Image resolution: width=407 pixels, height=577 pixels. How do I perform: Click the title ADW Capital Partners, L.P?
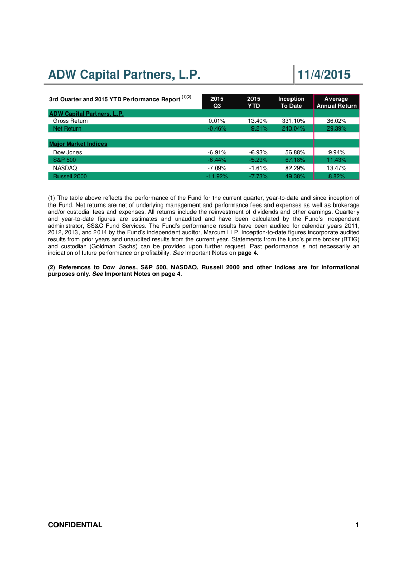click(x=124, y=75)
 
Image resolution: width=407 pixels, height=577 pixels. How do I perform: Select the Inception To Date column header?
click(x=291, y=102)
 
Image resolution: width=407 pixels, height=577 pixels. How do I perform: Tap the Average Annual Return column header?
click(x=337, y=102)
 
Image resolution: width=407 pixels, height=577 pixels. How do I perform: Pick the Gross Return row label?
click(x=70, y=121)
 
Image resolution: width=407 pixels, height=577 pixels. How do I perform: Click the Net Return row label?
click(x=67, y=128)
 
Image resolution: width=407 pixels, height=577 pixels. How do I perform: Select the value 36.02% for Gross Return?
click(x=337, y=121)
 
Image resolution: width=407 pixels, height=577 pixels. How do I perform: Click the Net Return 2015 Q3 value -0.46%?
click(x=217, y=128)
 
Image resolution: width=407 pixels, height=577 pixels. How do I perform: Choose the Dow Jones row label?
click(x=67, y=152)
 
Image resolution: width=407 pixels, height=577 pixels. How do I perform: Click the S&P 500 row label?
click(x=65, y=160)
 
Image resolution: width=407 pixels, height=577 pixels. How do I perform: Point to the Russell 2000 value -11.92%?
click(x=217, y=176)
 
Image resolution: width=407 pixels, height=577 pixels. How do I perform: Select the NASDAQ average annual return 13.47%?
click(x=337, y=168)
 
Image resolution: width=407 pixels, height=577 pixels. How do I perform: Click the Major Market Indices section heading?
click(x=78, y=144)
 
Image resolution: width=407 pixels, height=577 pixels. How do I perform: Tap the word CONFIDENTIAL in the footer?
click(x=75, y=525)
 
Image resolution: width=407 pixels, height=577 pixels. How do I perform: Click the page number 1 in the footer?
click(x=357, y=525)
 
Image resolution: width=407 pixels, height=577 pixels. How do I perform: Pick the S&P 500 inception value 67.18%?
click(x=295, y=160)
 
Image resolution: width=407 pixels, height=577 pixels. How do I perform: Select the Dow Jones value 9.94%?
click(x=337, y=152)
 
